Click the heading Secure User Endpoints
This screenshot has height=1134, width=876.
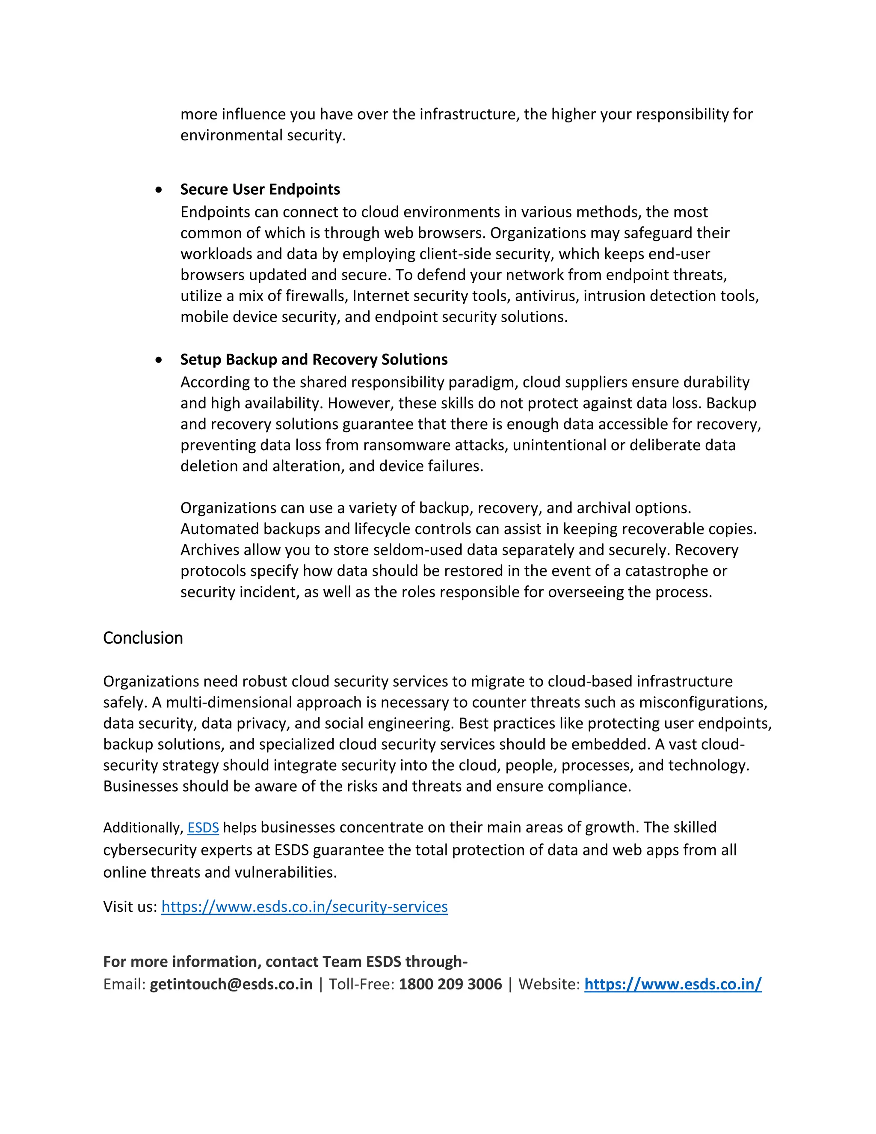260,190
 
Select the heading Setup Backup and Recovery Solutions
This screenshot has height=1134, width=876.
314,360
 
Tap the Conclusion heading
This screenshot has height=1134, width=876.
143,638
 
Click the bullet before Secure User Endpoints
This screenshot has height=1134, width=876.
159,190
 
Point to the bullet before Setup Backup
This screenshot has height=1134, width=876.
159,360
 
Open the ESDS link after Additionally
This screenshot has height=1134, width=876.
203,828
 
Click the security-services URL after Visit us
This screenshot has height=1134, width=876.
304,907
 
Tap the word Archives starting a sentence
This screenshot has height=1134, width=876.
210,550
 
